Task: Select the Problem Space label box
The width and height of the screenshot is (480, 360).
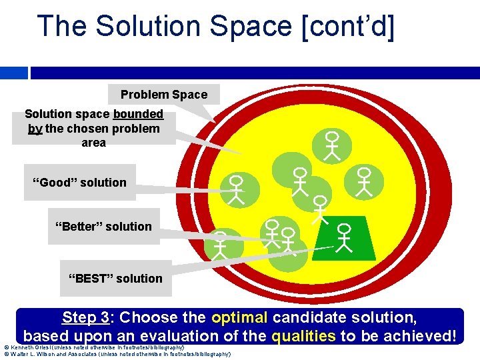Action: click(163, 95)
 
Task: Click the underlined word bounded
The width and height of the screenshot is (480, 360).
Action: click(138, 114)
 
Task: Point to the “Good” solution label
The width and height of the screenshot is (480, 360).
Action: click(80, 183)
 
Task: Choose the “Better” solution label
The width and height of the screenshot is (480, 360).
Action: click(103, 227)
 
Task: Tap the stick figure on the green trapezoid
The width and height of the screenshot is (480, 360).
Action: click(343, 238)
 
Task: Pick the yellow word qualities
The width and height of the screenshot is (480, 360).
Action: click(304, 335)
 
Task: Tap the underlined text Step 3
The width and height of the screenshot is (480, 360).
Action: click(87, 317)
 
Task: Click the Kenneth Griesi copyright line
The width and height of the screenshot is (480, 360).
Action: click(94, 347)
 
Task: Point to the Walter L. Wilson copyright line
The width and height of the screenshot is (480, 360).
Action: click(117, 354)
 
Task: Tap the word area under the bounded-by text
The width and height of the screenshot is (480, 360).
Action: click(93, 143)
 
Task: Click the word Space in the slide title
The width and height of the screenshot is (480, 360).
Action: click(246, 26)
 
